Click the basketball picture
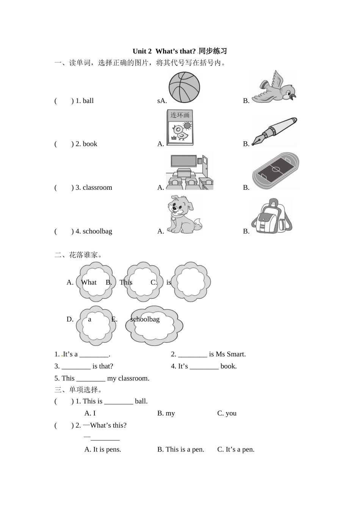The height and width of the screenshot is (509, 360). click(x=184, y=87)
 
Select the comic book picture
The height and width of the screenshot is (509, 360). click(x=180, y=127)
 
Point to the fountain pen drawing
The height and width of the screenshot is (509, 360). click(x=275, y=131)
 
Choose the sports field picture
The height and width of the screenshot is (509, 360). click(x=275, y=171)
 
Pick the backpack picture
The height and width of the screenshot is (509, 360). click(x=271, y=215)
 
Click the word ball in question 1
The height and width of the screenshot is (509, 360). click(x=88, y=101)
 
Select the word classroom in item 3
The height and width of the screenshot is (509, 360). click(x=97, y=187)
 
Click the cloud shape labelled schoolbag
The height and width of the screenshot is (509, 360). click(x=154, y=325)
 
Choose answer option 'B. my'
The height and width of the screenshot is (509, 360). click(x=166, y=413)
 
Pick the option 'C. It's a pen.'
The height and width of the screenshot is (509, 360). click(x=236, y=450)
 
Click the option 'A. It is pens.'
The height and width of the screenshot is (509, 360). click(x=103, y=450)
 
